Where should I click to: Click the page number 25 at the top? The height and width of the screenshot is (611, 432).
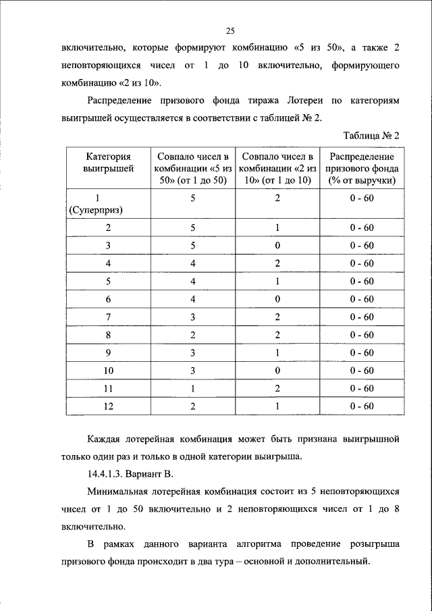(x=230, y=30)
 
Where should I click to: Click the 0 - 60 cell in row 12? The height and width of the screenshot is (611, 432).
(x=362, y=406)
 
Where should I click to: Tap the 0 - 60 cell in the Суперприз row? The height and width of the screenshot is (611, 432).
(x=362, y=198)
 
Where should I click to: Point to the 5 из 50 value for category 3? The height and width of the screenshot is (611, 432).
(x=192, y=245)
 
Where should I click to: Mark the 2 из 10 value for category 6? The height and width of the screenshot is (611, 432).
(x=277, y=298)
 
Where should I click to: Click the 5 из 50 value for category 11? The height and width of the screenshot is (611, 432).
(x=192, y=388)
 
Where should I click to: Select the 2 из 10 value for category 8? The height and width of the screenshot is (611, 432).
(x=277, y=334)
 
